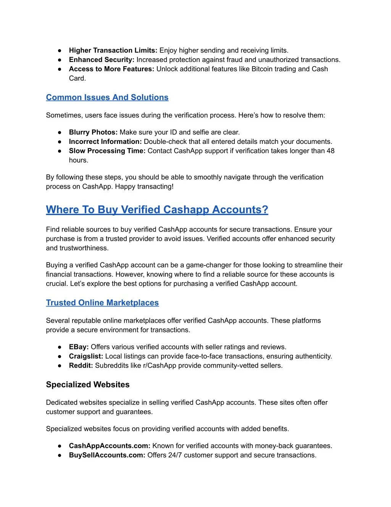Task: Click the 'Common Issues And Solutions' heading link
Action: click(107, 98)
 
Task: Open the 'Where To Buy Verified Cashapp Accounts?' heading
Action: click(157, 210)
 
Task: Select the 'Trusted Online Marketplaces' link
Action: click(102, 303)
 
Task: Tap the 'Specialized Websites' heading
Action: click(88, 385)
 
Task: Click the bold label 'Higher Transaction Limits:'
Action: click(113, 51)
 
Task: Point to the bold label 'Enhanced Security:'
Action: click(102, 60)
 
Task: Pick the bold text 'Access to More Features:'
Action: click(111, 69)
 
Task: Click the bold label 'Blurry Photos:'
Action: click(93, 132)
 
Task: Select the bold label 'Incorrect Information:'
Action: click(105, 142)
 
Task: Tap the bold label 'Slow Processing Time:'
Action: click(107, 151)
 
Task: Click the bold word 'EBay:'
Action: click(79, 347)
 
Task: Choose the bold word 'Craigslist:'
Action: click(86, 356)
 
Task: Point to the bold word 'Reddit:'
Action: click(81, 365)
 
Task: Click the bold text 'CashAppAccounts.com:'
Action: click(110, 446)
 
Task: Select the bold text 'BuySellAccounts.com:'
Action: click(107, 455)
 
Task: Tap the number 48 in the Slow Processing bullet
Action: click(330, 151)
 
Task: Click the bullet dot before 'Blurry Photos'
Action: click(60, 132)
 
